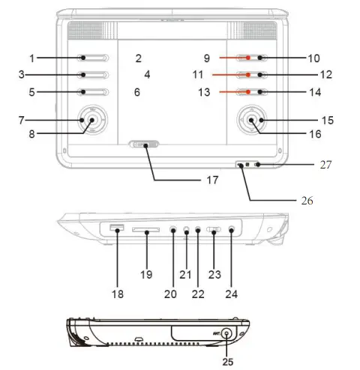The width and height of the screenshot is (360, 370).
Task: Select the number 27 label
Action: point(325,164)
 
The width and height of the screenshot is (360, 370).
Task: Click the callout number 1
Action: point(31,58)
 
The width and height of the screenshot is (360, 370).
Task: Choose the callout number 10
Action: point(313,58)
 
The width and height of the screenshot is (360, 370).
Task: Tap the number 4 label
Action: point(148,74)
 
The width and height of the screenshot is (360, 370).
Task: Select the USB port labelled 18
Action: point(115,228)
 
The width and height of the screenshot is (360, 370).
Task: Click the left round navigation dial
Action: point(90,120)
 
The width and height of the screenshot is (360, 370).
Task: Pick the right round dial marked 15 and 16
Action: point(251,120)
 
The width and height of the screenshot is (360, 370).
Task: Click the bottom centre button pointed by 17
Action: point(144,145)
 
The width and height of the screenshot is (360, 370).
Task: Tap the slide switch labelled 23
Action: point(214,231)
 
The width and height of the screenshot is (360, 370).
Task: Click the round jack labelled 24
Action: point(232,231)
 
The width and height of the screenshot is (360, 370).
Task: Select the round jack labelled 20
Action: point(174,231)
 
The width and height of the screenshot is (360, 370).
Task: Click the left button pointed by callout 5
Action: point(94,92)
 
